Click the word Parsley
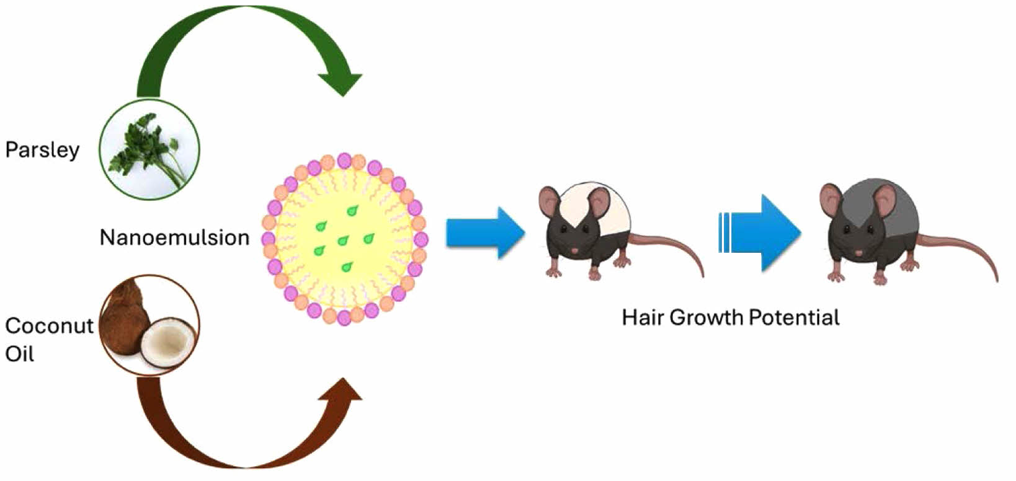click(x=42, y=150)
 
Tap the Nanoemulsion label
click(x=174, y=237)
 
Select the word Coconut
click(x=49, y=325)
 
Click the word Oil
click(x=19, y=353)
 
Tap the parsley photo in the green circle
click(x=149, y=149)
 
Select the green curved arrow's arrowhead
click(x=340, y=83)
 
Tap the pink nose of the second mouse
click(x=858, y=253)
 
